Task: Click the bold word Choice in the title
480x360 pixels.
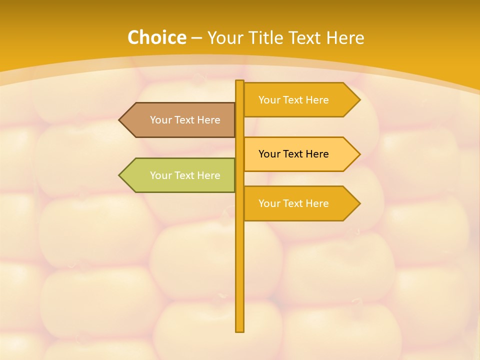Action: point(156,38)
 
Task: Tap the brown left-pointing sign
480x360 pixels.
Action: point(177,120)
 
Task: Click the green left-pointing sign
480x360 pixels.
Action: point(177,175)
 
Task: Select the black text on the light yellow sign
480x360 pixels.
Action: point(293,154)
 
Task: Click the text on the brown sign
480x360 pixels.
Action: point(185,120)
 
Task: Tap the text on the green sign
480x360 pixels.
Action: point(185,175)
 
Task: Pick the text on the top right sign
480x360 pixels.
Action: point(293,100)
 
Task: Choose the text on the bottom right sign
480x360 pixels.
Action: point(293,203)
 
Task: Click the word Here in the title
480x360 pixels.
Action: point(345,38)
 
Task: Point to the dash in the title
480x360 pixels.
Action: point(196,38)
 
